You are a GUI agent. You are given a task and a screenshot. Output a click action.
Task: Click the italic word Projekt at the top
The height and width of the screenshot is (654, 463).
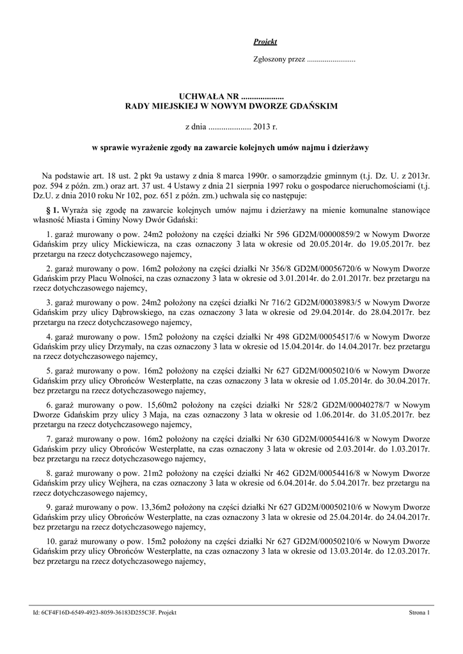click(265, 42)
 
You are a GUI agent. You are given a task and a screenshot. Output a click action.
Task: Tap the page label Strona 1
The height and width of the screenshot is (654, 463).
click(420, 613)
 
